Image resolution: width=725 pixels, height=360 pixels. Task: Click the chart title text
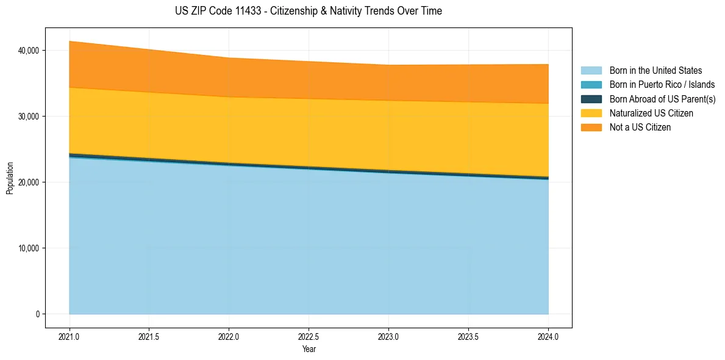(308, 11)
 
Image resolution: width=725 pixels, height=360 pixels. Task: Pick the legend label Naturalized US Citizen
(651, 113)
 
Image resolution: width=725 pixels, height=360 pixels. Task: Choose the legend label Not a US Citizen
(640, 127)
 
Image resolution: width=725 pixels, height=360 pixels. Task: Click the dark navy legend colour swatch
(591, 99)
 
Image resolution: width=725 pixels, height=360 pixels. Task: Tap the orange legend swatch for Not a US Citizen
(591, 127)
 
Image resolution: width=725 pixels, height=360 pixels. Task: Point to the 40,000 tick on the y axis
(28, 50)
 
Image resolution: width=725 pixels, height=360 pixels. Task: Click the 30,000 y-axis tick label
(28, 116)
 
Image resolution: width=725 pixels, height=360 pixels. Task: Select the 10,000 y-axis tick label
(28, 248)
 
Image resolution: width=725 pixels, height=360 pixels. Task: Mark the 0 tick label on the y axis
(36, 314)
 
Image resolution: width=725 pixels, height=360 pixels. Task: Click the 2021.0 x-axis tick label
(70, 336)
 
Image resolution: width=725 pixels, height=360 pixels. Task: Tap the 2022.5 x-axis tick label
(309, 336)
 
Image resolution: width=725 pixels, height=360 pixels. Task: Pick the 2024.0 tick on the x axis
(548, 336)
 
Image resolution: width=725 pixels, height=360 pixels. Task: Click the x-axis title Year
(309, 349)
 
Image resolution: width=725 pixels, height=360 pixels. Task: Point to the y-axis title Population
(10, 178)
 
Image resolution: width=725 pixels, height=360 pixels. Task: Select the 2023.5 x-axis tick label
(468, 336)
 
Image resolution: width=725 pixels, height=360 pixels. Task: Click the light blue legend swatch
(591, 71)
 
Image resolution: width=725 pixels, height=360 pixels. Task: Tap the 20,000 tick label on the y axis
(28, 182)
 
